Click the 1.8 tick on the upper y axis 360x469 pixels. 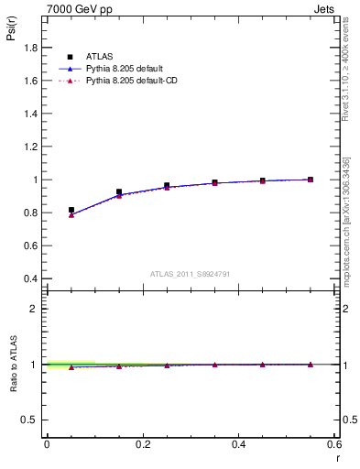[30, 48]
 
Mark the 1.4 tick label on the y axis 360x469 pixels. [30, 114]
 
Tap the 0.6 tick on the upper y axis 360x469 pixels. [30, 245]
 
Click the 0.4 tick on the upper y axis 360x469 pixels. [30, 278]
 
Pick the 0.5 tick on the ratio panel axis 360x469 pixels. [30, 420]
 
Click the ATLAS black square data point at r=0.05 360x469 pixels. [71, 210]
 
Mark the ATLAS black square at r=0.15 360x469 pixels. [119, 191]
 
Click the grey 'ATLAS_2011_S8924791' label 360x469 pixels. [190, 273]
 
